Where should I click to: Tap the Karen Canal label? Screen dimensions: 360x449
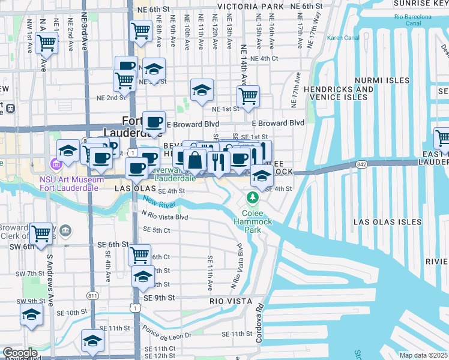[x=342, y=38]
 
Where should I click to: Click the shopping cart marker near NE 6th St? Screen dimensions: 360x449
[x=140, y=30]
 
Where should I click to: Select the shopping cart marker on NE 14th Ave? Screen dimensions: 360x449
[x=248, y=96]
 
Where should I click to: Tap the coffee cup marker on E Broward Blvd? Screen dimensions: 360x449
[x=154, y=122]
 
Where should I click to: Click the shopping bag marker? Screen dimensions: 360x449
[x=195, y=161]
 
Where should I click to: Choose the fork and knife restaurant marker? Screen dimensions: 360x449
[x=218, y=161]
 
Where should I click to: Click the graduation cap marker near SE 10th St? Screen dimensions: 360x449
[x=31, y=314]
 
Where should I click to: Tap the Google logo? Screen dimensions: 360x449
[x=20, y=353]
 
